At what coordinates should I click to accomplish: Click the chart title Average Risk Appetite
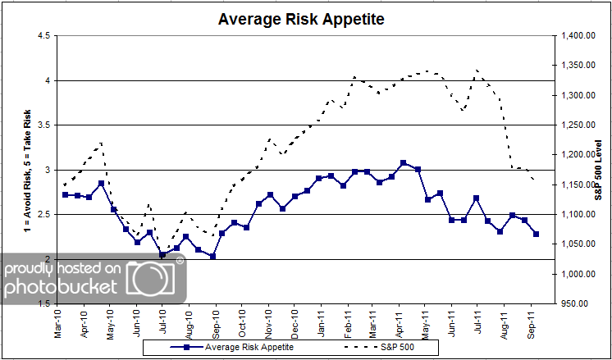click(x=306, y=17)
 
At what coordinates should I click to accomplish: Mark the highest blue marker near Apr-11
click(x=403, y=163)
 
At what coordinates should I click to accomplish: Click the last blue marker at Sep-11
click(x=536, y=234)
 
